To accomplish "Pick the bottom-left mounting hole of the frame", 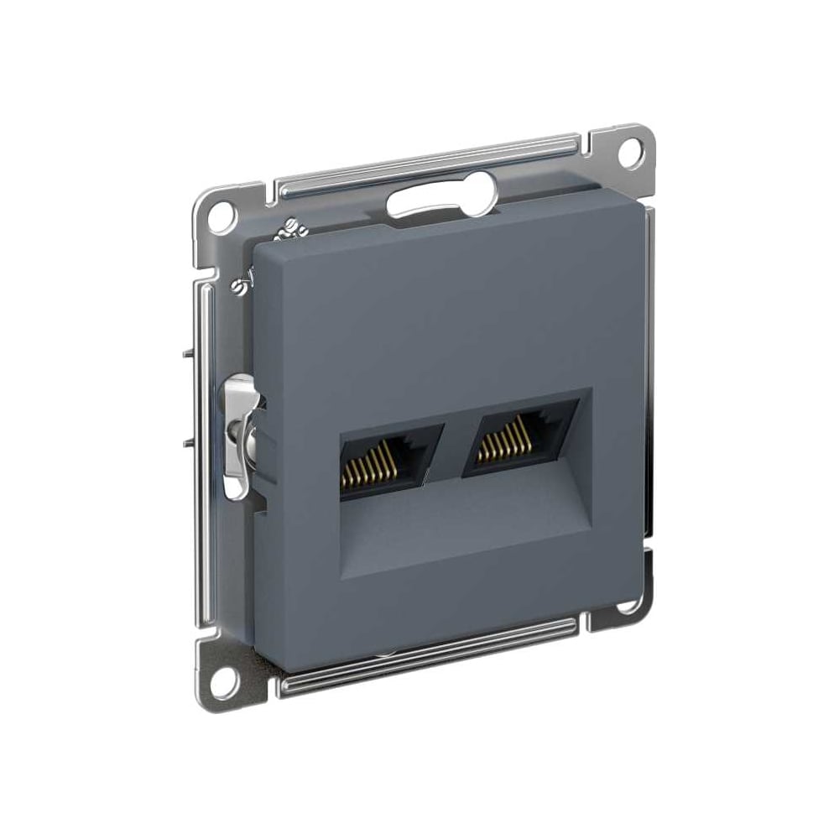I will coord(221,683).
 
